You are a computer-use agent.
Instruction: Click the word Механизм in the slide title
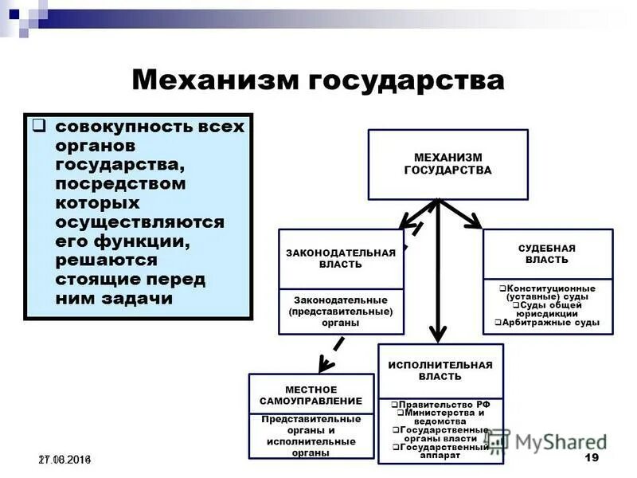coord(209,80)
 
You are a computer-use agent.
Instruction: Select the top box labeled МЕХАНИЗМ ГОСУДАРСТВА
coord(447,164)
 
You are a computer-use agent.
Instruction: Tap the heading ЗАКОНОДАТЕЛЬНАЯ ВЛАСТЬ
coord(341,258)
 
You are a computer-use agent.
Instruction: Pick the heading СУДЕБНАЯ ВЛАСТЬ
coord(547,254)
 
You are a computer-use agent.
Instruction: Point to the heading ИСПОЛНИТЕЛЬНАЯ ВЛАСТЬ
coord(440,370)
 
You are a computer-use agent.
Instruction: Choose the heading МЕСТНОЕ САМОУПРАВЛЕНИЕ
coord(311,394)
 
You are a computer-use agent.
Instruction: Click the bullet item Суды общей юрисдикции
coord(547,309)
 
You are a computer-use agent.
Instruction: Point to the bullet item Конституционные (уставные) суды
coord(547,292)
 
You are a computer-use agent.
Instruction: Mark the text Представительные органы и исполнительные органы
coord(311,436)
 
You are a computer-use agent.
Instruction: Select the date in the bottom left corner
coord(64,460)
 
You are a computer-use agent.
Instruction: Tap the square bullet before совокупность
coord(37,126)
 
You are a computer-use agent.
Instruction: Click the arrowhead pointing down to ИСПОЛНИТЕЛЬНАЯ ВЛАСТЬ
coord(436,334)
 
